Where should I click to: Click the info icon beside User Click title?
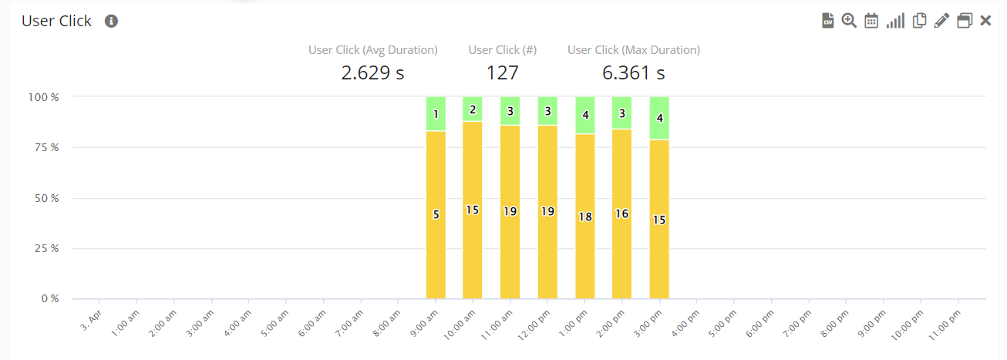point(111,22)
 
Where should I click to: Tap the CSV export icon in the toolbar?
point(828,21)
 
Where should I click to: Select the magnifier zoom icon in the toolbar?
point(849,21)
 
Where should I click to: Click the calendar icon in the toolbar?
point(871,21)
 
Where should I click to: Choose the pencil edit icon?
point(941,21)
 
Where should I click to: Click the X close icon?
point(985,21)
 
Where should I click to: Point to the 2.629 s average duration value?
point(372,73)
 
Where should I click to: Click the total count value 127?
point(502,73)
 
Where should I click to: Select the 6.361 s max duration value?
point(633,73)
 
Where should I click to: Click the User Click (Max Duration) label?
point(633,50)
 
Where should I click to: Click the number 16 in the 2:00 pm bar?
point(622,214)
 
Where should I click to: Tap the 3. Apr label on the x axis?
point(91,317)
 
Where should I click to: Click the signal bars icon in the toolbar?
point(894,21)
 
